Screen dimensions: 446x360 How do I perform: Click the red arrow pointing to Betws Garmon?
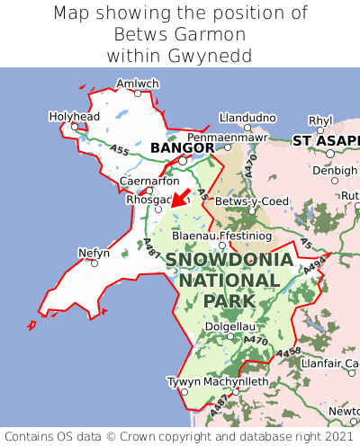(179, 198)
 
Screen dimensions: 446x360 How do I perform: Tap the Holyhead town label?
(74, 116)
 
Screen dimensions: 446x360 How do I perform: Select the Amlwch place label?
(138, 84)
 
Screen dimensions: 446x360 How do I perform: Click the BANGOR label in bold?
(183, 147)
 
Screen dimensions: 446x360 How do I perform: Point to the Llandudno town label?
(247, 117)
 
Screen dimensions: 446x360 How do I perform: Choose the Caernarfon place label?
(149, 181)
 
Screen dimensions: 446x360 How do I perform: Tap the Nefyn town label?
(94, 253)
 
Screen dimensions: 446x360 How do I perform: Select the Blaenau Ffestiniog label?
(220, 235)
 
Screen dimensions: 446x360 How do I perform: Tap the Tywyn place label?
(184, 381)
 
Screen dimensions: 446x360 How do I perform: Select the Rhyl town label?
(320, 120)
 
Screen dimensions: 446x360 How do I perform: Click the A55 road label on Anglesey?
(117, 151)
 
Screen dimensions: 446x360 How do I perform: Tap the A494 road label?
(315, 263)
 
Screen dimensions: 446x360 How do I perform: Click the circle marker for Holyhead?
(76, 127)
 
